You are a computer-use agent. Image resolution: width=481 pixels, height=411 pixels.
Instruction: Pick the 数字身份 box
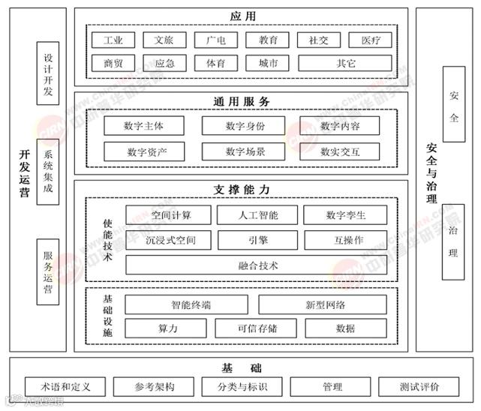(245, 126)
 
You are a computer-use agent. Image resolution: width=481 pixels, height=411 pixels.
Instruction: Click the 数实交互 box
(340, 151)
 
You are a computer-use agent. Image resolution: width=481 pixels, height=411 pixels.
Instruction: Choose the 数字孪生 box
(345, 215)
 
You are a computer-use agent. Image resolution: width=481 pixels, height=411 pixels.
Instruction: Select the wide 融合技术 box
(257, 265)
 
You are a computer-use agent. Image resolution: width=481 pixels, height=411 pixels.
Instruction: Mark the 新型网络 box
(324, 304)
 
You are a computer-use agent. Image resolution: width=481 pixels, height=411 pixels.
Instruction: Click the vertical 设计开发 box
(48, 73)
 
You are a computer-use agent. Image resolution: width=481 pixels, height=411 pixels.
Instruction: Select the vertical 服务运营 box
(48, 272)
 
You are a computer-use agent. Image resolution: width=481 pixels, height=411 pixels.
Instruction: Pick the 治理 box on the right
(453, 242)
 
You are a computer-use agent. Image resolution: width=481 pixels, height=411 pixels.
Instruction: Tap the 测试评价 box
(419, 387)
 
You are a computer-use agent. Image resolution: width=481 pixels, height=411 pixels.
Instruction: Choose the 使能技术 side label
(107, 240)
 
